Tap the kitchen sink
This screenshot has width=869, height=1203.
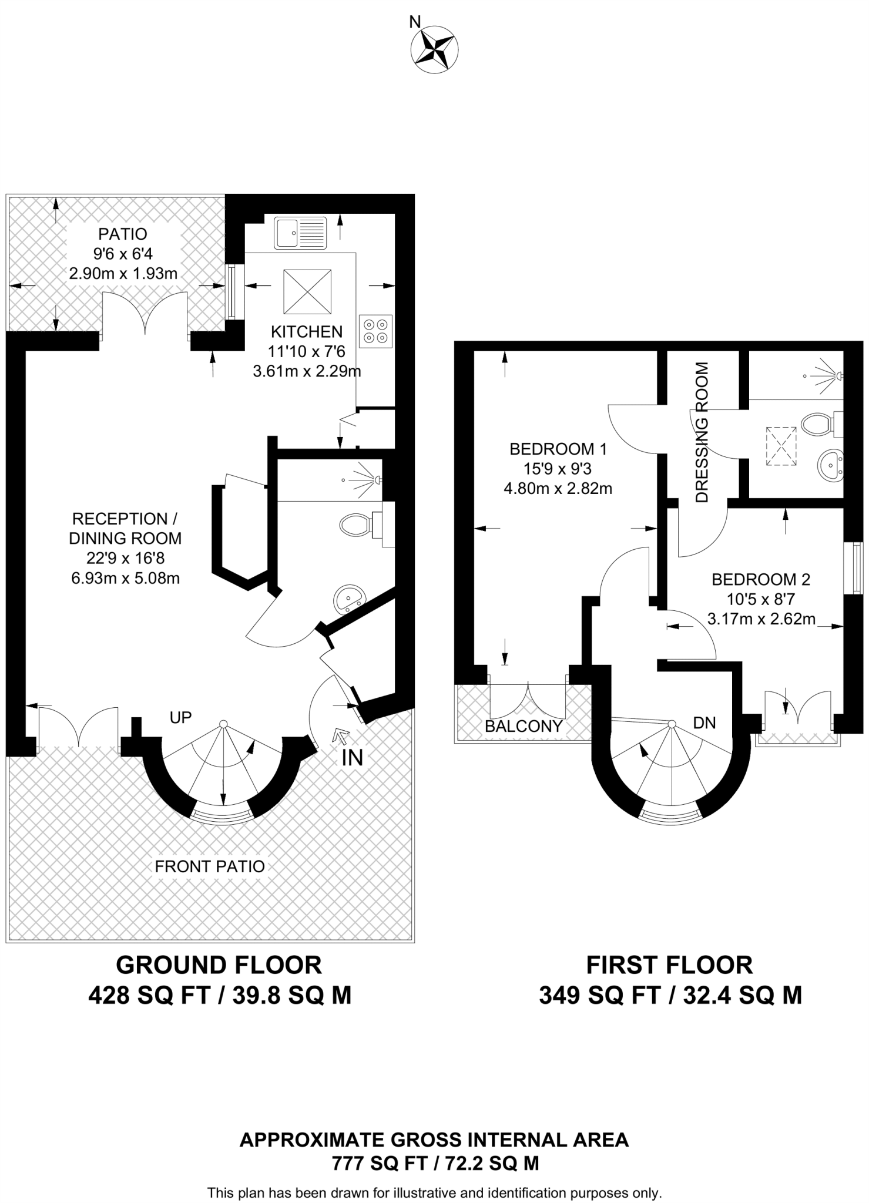pyautogui.click(x=300, y=233)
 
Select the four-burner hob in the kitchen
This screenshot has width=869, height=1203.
pyautogui.click(x=375, y=331)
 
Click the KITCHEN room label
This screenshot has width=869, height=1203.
pyautogui.click(x=307, y=332)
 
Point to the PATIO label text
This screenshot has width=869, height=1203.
pyautogui.click(x=123, y=234)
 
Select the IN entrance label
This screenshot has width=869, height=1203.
pyautogui.click(x=353, y=758)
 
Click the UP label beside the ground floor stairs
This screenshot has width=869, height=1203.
pyautogui.click(x=180, y=717)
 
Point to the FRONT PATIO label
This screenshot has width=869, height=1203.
pyautogui.click(x=210, y=866)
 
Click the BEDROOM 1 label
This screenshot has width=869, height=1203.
pyautogui.click(x=558, y=449)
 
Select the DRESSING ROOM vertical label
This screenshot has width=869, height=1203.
pyautogui.click(x=702, y=432)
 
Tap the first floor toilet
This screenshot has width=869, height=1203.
pyautogui.click(x=821, y=424)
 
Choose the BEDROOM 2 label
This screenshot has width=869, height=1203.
pyautogui.click(x=761, y=580)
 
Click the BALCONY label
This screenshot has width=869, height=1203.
pyautogui.click(x=524, y=726)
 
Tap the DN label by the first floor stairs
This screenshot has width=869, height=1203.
pyautogui.click(x=704, y=723)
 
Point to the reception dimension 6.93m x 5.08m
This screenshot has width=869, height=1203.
pyautogui.click(x=126, y=578)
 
